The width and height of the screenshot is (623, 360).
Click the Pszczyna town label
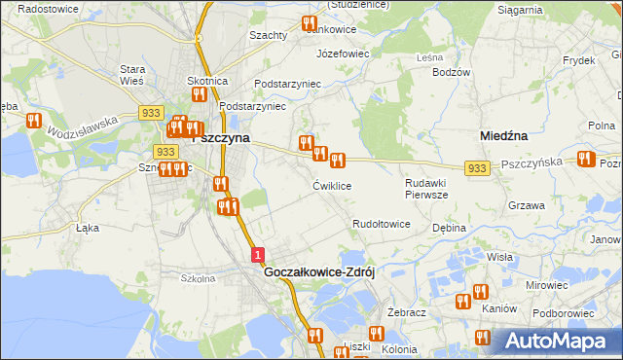(223, 138)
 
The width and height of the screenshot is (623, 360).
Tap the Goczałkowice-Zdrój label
(319, 273)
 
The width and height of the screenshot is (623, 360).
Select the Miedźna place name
(504, 137)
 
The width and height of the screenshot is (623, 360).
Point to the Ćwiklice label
(332, 185)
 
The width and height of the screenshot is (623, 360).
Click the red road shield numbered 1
(257, 254)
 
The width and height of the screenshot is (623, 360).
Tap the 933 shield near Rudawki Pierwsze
(476, 169)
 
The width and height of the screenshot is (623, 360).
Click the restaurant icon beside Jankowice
(310, 23)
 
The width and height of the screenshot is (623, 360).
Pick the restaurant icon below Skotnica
(199, 94)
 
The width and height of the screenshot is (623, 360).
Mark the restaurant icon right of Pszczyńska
(585, 159)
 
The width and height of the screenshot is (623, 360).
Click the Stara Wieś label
(131, 76)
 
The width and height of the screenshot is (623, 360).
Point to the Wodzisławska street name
(83, 125)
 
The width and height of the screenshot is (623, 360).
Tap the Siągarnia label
(519, 10)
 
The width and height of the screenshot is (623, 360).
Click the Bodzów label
(451, 72)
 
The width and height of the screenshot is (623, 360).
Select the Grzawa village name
(526, 205)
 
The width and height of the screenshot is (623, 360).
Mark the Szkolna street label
(198, 277)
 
